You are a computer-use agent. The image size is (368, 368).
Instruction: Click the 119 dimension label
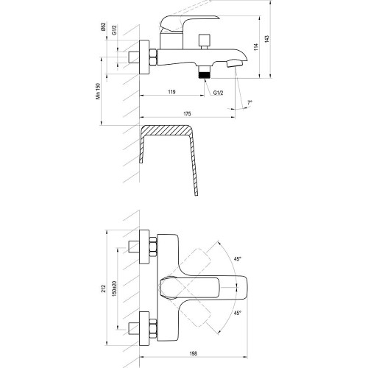coord(171,92)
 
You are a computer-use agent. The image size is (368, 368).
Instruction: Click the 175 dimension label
coord(187,113)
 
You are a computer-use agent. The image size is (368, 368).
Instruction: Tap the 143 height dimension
coord(267,39)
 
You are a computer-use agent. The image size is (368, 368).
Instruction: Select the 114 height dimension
coord(256,47)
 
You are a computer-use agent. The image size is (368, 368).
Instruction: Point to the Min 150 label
coord(98,91)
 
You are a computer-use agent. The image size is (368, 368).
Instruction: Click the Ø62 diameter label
coord(103,26)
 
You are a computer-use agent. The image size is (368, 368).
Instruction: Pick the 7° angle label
coord(250,102)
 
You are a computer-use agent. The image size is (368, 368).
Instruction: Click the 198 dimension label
coord(194,353)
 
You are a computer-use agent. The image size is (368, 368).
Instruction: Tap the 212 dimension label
coord(103,289)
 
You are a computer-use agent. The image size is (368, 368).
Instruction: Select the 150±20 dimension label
coord(114,289)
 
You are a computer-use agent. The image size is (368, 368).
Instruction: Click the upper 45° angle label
coord(238,259)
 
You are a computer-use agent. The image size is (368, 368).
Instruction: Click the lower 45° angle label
coord(238,313)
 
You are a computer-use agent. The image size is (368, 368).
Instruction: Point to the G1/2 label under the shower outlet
coord(218,93)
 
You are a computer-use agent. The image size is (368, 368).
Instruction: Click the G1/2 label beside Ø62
coord(114,30)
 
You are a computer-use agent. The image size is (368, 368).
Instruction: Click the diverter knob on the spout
coord(205,42)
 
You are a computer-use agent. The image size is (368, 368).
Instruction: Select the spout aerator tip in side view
coord(234,63)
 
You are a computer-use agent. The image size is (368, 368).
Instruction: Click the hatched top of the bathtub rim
coord(167,130)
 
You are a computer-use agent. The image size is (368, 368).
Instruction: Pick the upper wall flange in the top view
coord(144,247)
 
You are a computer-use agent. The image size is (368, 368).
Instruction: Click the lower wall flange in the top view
coord(144,329)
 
